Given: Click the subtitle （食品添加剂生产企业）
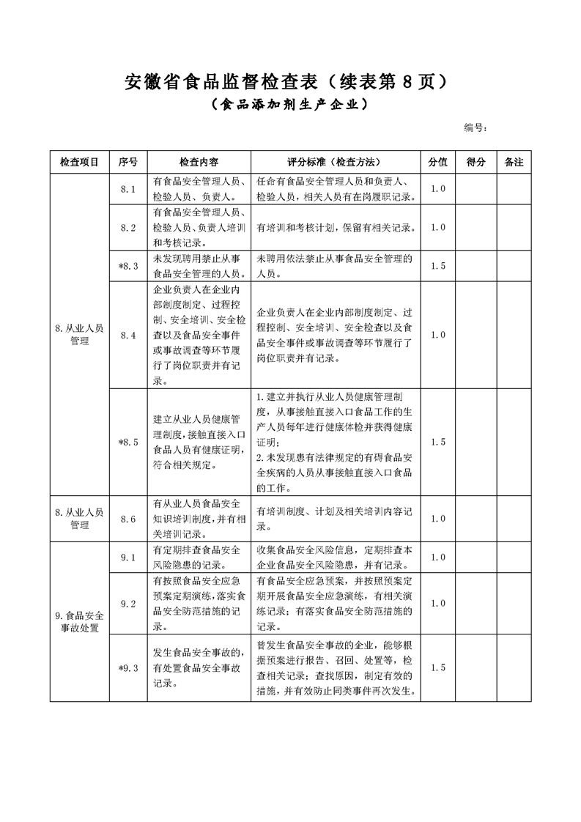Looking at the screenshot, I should (x=289, y=105).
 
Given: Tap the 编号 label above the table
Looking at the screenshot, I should (x=475, y=127).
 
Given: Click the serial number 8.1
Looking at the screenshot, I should (x=128, y=189).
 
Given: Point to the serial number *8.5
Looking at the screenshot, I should (x=128, y=442).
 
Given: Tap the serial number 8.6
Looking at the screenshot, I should (x=128, y=519).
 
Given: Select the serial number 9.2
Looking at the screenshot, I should (x=128, y=604).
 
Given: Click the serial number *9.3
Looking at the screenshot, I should (x=128, y=667).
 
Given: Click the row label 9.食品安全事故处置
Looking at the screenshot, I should (x=79, y=622).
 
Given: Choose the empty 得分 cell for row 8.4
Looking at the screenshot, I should (x=475, y=335).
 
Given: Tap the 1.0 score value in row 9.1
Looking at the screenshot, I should (x=438, y=558).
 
